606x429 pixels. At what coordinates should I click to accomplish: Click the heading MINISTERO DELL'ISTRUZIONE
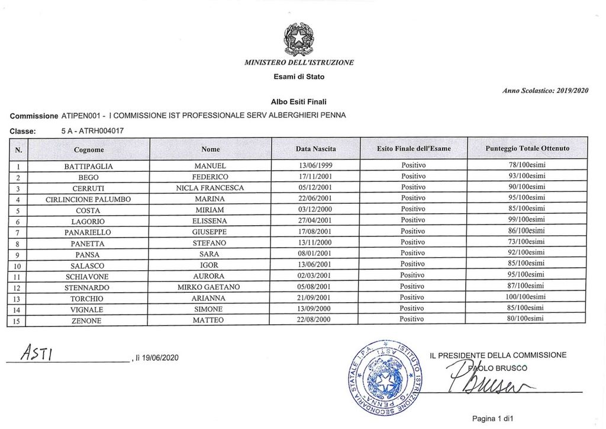tap(299, 62)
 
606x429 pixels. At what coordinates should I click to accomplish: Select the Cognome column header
tap(89, 149)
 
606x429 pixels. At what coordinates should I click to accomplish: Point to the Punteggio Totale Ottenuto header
tap(527, 149)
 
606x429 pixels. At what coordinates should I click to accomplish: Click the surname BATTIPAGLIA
tap(89, 167)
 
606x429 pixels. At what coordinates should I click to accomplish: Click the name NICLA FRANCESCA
tap(210, 188)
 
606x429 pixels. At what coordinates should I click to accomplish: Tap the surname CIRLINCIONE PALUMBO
tap(89, 199)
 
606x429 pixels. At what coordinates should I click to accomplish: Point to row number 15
tap(18, 321)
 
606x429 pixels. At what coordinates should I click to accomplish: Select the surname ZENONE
tap(89, 321)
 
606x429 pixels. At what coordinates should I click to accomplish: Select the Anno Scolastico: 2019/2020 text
tap(545, 90)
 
